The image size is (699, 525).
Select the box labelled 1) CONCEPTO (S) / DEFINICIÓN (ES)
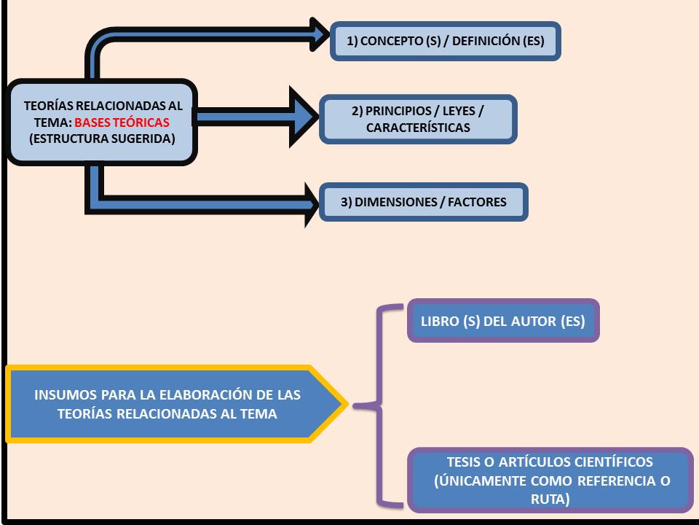click(x=446, y=42)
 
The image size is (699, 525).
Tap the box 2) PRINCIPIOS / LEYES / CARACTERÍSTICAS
click(x=418, y=119)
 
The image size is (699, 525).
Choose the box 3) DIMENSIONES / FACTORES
click(x=423, y=202)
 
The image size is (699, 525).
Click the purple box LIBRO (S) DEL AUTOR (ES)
click(x=503, y=321)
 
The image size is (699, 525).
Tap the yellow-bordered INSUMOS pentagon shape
click(x=171, y=404)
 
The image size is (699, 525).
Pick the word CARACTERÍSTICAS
click(x=418, y=128)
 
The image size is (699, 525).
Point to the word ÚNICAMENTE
click(x=481, y=481)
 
